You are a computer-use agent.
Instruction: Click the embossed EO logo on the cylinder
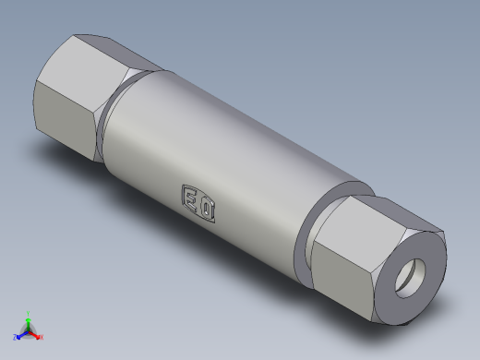tap(199, 203)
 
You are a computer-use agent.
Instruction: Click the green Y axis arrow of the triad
tap(28, 321)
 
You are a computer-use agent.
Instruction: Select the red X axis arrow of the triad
tap(35, 333)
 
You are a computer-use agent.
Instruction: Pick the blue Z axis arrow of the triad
tap(21, 334)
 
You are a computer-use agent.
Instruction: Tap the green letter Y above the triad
tap(28, 313)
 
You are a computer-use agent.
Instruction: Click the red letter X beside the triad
tap(42, 337)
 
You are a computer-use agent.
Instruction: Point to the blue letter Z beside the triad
tap(15, 338)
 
